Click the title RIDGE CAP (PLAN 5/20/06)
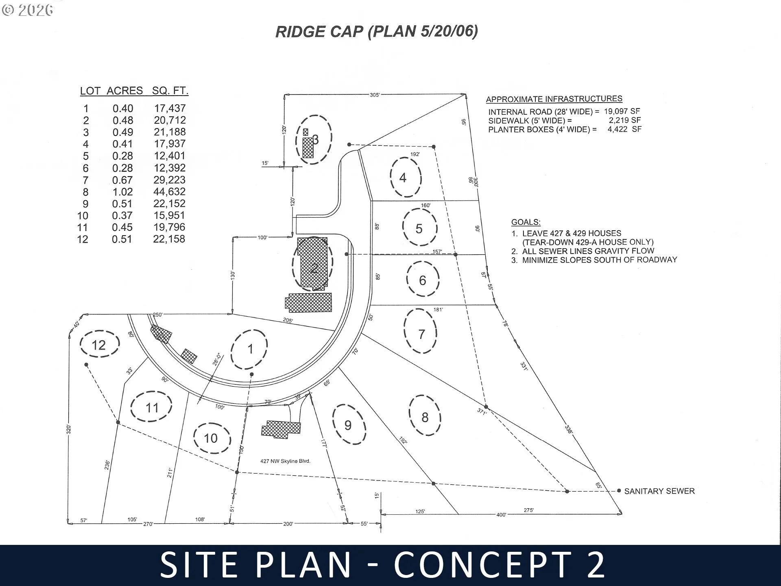point(377,32)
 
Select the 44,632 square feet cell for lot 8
point(169,192)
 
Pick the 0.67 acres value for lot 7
point(122,180)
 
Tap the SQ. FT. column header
point(170,90)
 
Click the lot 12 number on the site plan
point(98,345)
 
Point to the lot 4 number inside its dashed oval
point(403,177)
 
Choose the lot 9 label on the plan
point(348,425)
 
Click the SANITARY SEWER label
point(659,491)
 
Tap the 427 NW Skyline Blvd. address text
point(285,461)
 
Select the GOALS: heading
point(526,222)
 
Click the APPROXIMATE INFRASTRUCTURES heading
point(554,99)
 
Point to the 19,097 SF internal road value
point(622,111)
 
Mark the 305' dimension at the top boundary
point(375,95)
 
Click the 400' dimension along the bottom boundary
point(501,515)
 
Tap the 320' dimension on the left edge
point(69,430)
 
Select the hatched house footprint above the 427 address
point(281,429)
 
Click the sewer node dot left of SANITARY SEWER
point(619,491)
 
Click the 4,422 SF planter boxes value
point(624,129)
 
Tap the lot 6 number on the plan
point(423,280)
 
